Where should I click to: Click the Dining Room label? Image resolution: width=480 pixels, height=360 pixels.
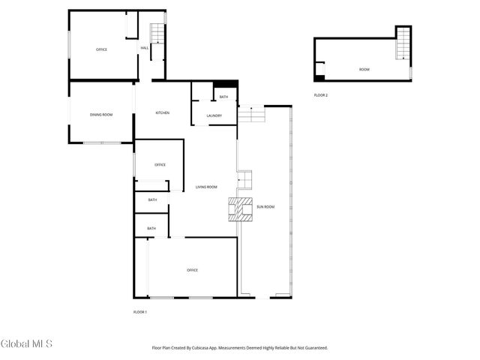pyautogui.click(x=101, y=115)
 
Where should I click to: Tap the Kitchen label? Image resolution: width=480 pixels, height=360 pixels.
pyautogui.click(x=162, y=113)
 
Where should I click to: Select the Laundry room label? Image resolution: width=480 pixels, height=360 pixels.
pyautogui.click(x=214, y=115)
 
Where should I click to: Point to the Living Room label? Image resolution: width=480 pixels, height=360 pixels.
pyautogui.click(x=206, y=187)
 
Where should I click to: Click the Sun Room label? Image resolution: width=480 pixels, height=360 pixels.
pyautogui.click(x=265, y=206)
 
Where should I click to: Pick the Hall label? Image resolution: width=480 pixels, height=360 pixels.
pyautogui.click(x=144, y=49)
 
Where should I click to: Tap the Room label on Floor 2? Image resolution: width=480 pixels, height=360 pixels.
pyautogui.click(x=364, y=70)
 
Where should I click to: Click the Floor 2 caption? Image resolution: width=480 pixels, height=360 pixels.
pyautogui.click(x=321, y=95)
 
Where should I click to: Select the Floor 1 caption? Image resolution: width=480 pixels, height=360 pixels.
pyautogui.click(x=140, y=311)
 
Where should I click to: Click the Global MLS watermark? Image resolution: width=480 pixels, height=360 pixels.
pyautogui.click(x=27, y=344)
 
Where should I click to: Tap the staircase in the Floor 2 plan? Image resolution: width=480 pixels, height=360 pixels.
pyautogui.click(x=403, y=43)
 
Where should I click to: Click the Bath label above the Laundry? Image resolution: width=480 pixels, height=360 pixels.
pyautogui.click(x=223, y=97)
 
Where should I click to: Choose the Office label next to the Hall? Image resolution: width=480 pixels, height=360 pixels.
pyautogui.click(x=101, y=49)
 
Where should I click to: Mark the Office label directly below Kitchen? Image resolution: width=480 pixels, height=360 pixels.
pyautogui.click(x=160, y=165)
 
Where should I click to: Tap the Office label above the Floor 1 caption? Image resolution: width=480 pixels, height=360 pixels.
pyautogui.click(x=192, y=270)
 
